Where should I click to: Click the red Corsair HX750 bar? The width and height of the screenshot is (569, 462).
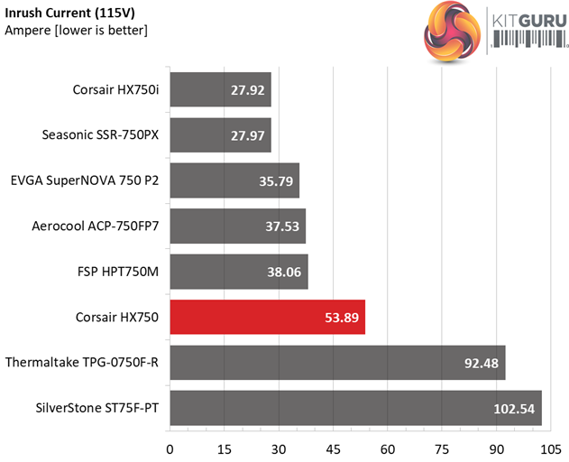(x=267, y=318)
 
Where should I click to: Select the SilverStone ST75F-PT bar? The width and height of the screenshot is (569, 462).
(x=355, y=408)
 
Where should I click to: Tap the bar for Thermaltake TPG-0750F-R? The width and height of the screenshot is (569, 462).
(x=337, y=363)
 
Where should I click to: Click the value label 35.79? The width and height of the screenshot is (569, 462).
(x=272, y=180)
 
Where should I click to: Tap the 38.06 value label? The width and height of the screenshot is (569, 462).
(x=281, y=272)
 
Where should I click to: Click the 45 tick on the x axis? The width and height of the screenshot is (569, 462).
(x=334, y=448)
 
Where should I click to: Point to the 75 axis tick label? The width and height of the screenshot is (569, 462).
(x=442, y=448)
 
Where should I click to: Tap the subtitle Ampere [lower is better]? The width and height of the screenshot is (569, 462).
(x=77, y=31)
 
